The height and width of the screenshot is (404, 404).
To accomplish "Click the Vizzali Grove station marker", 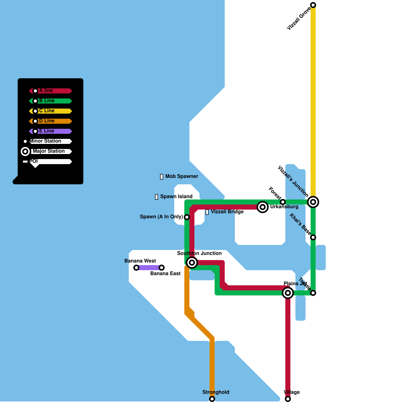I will pyautogui.click(x=313, y=5).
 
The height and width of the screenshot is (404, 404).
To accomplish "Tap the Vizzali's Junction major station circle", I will pyautogui.click(x=313, y=202).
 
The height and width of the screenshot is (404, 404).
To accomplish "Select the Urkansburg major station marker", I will pyautogui.click(x=263, y=207).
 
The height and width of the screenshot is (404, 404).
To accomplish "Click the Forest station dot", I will pyautogui.click(x=283, y=202).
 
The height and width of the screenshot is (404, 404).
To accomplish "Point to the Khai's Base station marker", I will pyautogui.click(x=313, y=237).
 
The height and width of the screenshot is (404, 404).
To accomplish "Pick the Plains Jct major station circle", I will pyautogui.click(x=288, y=293).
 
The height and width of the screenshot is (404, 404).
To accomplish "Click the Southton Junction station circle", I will pyautogui.click(x=192, y=263).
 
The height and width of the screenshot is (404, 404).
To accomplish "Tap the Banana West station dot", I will pyautogui.click(x=136, y=268).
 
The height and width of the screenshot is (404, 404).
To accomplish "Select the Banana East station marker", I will pyautogui.click(x=162, y=268).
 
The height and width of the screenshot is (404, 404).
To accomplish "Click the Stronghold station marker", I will pyautogui.click(x=212, y=399).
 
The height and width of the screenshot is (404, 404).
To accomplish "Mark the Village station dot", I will pyautogui.click(x=288, y=399).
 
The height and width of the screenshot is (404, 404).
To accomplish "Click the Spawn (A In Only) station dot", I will pyautogui.click(x=187, y=217).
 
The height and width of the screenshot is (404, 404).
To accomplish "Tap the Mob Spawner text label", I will pyautogui.click(x=182, y=176).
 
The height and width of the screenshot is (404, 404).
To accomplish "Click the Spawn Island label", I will pyautogui.click(x=176, y=196).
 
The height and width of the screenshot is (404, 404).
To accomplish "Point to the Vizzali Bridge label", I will pyautogui.click(x=227, y=212).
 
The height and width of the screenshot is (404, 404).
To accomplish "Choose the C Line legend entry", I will pyautogui.click(x=50, y=111).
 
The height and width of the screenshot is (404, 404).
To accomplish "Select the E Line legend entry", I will pyautogui.click(x=50, y=131).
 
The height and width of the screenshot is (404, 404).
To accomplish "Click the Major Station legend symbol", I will pyautogui.click(x=25, y=151).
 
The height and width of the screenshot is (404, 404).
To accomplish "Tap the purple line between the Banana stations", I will pyautogui.click(x=149, y=268).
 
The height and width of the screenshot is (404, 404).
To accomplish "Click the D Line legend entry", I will pyautogui.click(x=50, y=121).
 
